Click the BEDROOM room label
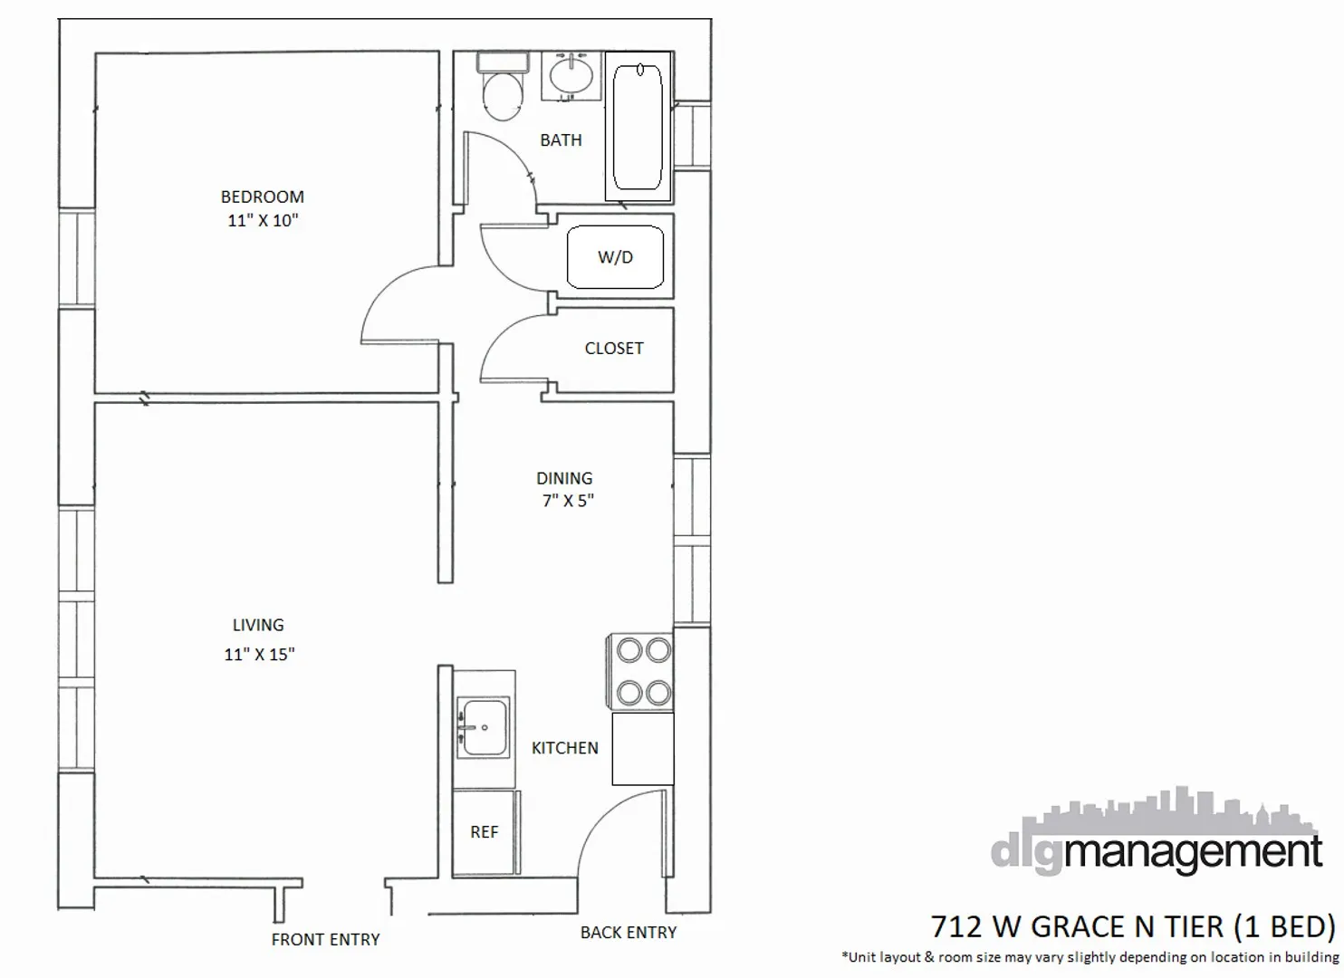coord(262,197)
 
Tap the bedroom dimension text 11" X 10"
coord(263,220)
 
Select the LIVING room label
coord(258,625)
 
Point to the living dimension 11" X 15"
coord(259,654)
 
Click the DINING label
coord(564,478)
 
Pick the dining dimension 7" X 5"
coord(568,501)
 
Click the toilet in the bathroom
coord(503,90)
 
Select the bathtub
coord(638,126)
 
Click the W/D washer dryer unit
coord(615,257)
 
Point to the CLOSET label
coord(614,349)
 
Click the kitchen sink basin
coord(484,727)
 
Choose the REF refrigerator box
coord(485,832)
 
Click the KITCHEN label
coord(564,748)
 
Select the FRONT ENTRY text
coord(325,940)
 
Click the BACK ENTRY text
coord(629,933)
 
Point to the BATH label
coord(561,140)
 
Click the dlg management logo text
coord(1157,851)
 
